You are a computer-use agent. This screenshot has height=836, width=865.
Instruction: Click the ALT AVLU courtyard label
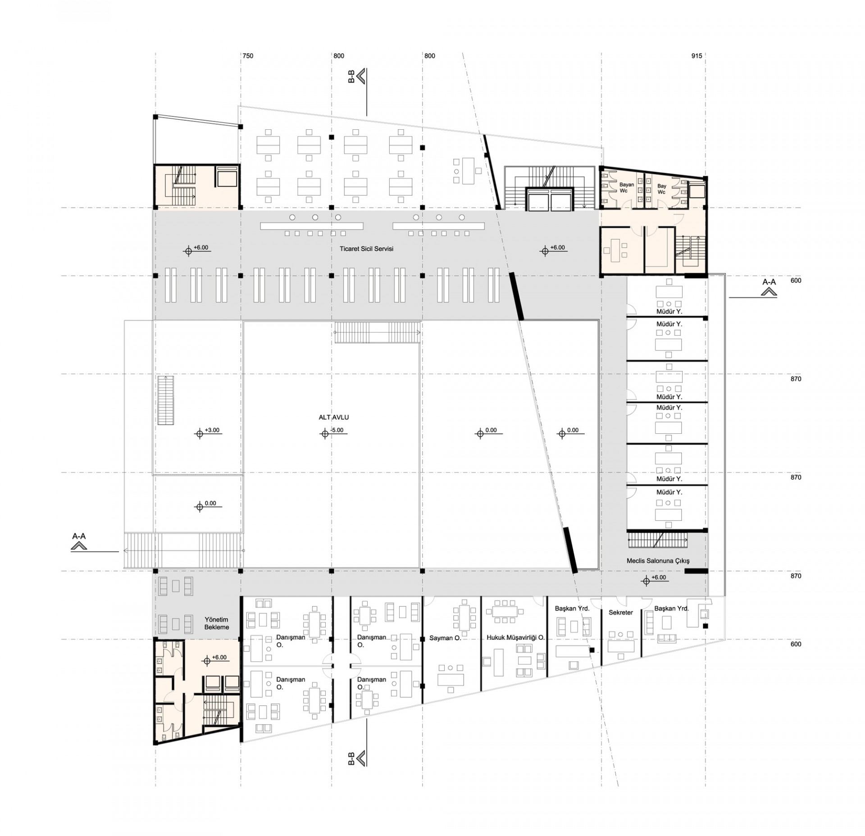coord(333,418)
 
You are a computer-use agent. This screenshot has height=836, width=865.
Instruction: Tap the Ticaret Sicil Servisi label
coord(366,249)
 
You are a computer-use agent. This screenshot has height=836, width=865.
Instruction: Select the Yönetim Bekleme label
coord(217,623)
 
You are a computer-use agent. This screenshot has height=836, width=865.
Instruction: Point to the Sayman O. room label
coord(445,638)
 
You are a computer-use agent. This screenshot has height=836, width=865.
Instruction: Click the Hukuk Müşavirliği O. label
coord(515,638)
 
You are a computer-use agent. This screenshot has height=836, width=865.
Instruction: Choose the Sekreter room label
coord(621,613)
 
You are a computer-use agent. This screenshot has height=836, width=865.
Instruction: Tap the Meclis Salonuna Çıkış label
coord(658,561)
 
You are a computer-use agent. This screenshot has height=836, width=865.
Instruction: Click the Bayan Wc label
coord(626,188)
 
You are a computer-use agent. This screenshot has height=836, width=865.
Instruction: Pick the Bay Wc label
coord(661,189)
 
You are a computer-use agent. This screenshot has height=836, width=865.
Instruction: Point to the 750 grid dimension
coord(248,56)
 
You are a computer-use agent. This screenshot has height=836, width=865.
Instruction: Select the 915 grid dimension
coord(697,56)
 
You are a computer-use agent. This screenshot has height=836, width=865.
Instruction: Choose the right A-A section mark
coord(769,287)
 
